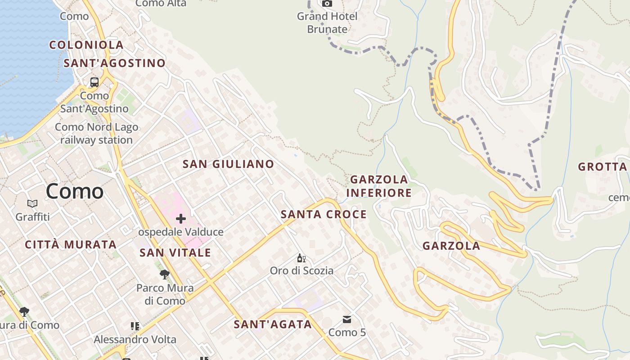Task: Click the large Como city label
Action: point(75,191)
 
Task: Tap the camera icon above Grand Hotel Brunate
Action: point(327,4)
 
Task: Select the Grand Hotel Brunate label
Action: point(327,23)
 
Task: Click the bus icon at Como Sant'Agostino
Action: point(94,82)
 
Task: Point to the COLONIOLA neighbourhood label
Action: point(86,45)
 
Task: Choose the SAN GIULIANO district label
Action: point(228,164)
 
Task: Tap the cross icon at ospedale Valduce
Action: point(181,219)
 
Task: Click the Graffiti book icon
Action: point(32,204)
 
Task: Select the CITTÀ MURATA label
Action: point(71,245)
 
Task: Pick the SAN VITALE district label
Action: point(175,253)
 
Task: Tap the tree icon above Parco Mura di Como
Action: point(165,274)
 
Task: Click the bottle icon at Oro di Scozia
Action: point(301,258)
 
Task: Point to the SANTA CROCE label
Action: point(324,215)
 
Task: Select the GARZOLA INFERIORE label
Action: point(379,186)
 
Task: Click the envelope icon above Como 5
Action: point(347,319)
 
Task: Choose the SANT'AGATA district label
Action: point(273,324)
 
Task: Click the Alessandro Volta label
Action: point(135,339)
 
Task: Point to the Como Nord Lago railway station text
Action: point(96,134)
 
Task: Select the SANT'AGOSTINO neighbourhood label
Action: point(114,63)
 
